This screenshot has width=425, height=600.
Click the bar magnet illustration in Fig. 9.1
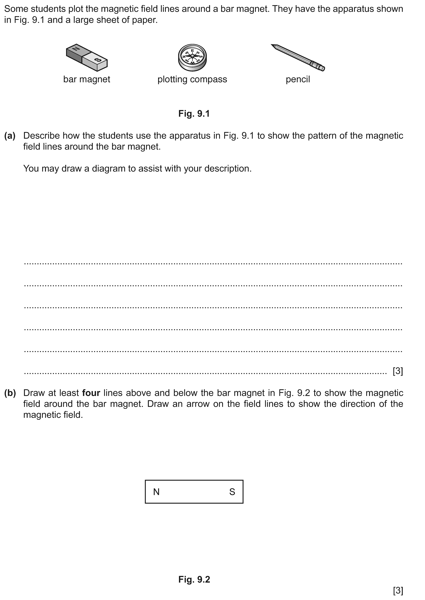click(87, 57)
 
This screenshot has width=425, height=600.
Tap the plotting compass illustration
click(192, 57)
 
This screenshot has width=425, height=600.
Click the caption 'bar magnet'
click(87, 79)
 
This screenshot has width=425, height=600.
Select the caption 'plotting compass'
click(192, 79)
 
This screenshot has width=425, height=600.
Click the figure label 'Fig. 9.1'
click(194, 114)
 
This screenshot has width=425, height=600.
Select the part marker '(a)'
click(10, 136)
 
